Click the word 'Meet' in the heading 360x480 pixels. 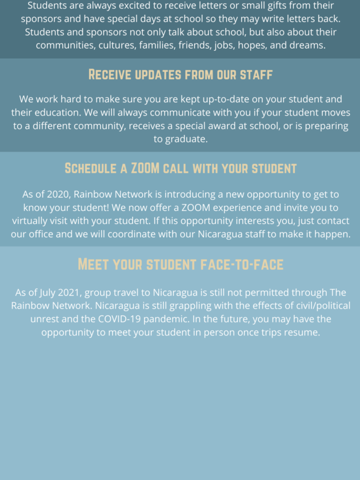pyautogui.click(x=93, y=264)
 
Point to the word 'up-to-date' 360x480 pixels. pyautogui.click(x=215, y=99)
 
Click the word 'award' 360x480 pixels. pyautogui.click(x=229, y=126)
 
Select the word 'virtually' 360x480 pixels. pyautogui.click(x=31, y=221)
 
